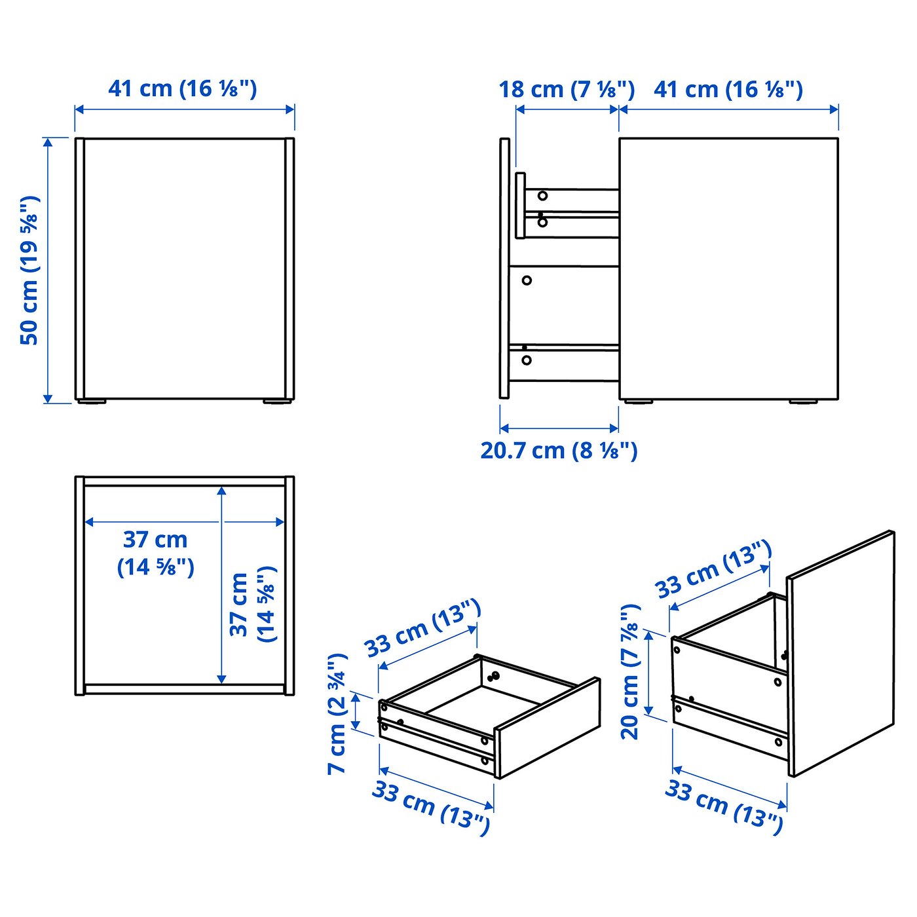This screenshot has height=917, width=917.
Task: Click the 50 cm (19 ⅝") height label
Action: pos(29,271)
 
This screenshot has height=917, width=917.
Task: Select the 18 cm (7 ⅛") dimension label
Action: pos(567,90)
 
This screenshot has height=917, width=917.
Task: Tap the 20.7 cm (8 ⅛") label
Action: pos(559,451)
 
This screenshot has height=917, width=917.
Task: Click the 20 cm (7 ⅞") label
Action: pos(631,671)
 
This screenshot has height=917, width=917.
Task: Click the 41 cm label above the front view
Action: pos(183,89)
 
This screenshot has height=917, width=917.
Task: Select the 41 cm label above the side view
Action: pos(728,90)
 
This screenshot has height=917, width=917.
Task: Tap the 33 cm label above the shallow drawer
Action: pos(422,628)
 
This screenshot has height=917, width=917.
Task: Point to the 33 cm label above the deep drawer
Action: pos(715,571)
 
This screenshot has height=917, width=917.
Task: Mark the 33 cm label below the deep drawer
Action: pos(723,806)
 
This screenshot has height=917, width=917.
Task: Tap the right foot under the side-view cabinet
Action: pos(803,402)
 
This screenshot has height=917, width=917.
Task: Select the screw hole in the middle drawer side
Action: pos(527,280)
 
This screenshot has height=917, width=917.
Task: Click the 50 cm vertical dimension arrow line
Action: pos(47,271)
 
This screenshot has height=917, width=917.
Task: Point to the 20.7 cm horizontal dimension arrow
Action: pos(559,427)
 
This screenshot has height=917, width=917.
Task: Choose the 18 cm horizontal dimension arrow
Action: pos(567,110)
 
